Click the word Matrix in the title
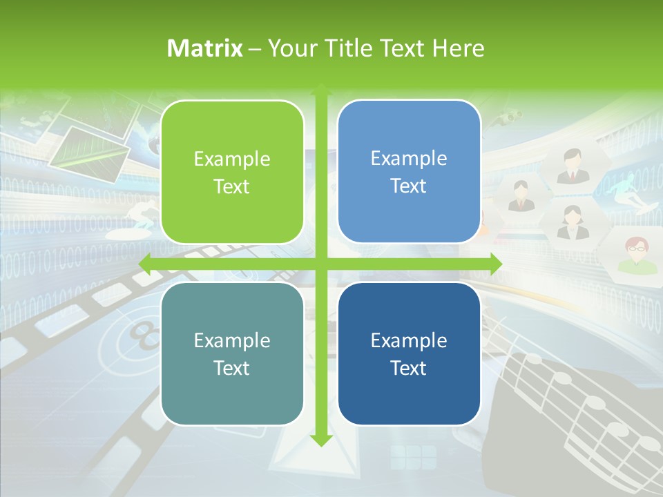tap(205, 48)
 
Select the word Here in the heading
tap(459, 48)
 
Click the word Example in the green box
tap(232, 159)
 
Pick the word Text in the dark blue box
tap(409, 368)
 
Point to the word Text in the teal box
tap(232, 368)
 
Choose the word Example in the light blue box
tap(409, 159)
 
